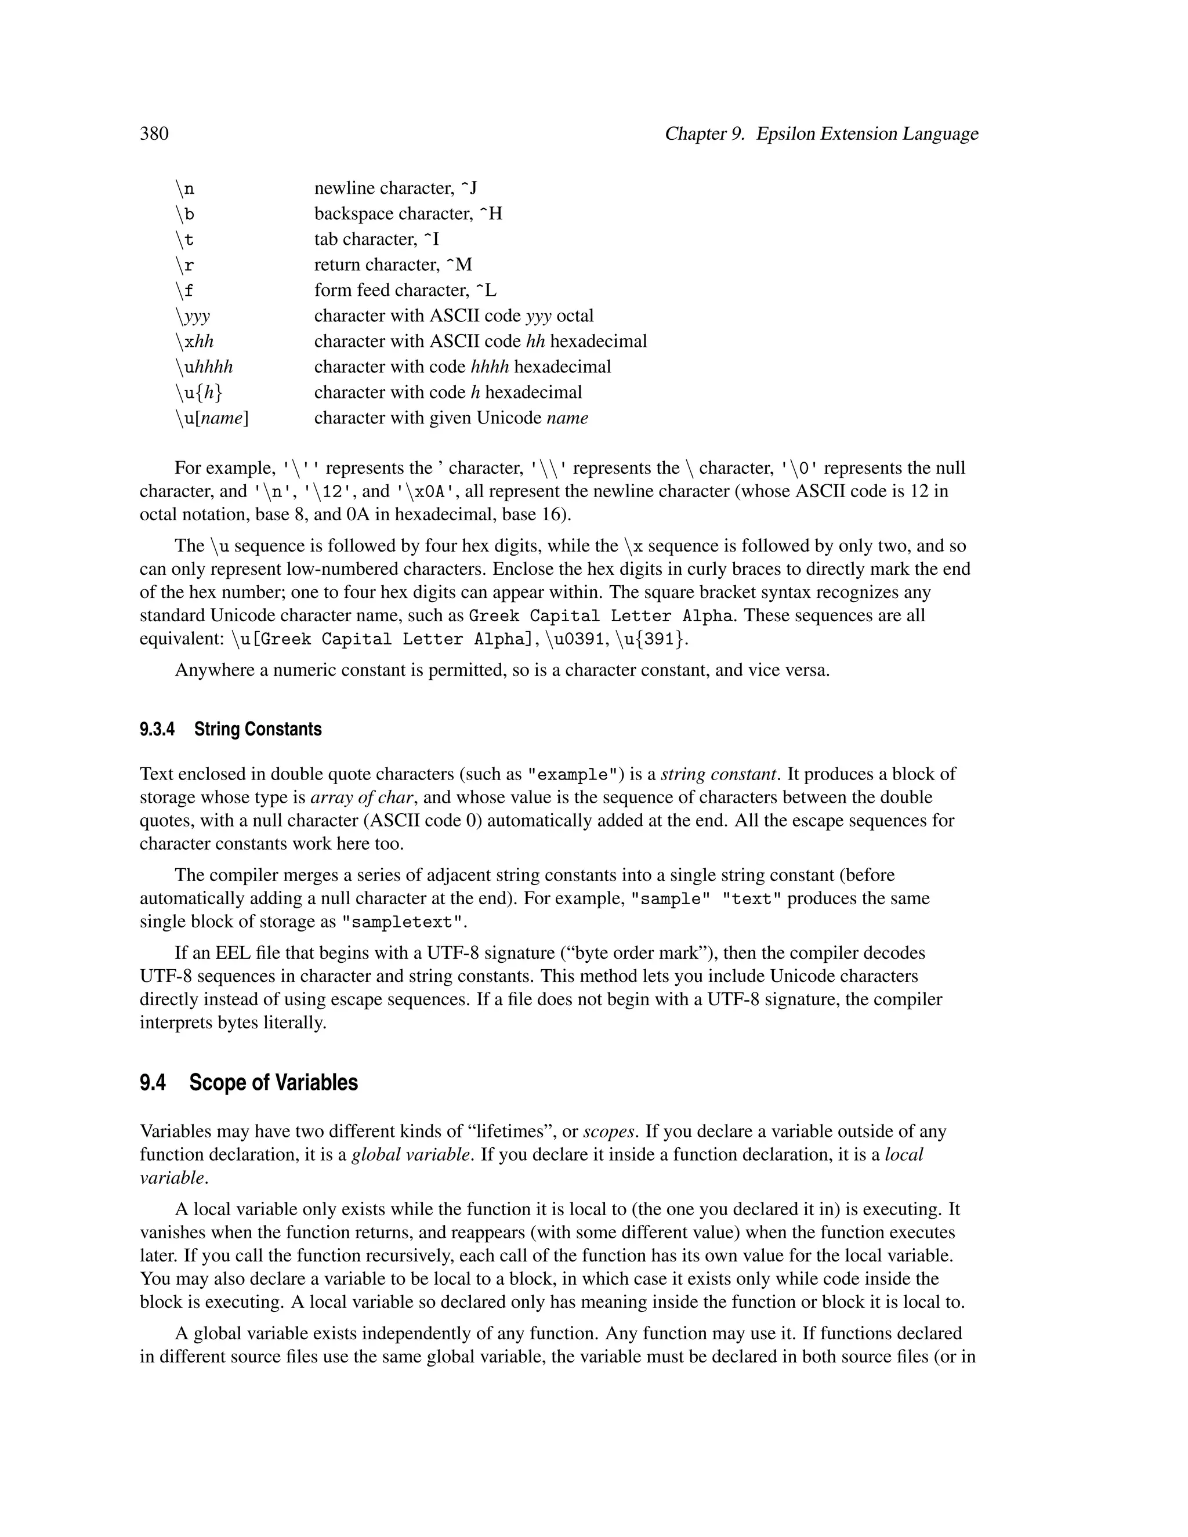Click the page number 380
click(154, 134)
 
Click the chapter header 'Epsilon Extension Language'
click(867, 134)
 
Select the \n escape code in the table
click(185, 188)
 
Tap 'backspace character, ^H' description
click(408, 214)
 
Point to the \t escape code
click(184, 240)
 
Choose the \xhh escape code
click(194, 342)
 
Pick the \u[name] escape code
click(212, 419)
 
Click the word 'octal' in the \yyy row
click(575, 316)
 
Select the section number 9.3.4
click(157, 729)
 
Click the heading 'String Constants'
click(258, 729)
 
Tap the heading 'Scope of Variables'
click(273, 1082)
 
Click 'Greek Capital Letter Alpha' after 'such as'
click(601, 617)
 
